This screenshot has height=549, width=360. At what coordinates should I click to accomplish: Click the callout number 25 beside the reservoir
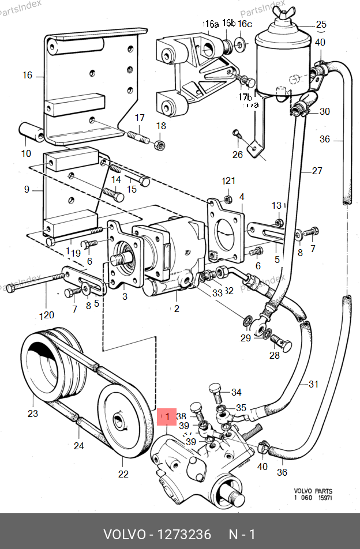321,24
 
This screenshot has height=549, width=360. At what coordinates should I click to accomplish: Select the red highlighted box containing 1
167,416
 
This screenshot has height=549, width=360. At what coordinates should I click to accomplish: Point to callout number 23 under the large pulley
32,413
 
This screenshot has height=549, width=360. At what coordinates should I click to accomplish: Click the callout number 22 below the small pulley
123,475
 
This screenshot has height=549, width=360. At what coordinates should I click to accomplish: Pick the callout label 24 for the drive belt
78,446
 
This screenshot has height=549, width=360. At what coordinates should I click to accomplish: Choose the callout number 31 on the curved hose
313,384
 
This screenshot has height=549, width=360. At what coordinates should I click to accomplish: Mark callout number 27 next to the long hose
317,171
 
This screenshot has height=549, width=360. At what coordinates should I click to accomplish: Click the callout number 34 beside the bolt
237,393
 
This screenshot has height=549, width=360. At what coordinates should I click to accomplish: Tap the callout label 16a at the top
211,24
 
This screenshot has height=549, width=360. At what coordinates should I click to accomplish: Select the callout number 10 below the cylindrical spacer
26,153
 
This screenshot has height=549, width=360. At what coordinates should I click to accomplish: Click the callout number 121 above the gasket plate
229,181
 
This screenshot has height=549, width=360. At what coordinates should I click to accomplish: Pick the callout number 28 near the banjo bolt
274,355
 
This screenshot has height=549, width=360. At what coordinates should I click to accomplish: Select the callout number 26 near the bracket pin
238,154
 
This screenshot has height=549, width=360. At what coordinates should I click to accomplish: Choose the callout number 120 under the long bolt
47,315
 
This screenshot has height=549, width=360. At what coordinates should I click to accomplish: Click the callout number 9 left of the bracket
26,189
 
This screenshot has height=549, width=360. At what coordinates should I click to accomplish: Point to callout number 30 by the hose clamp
325,111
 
